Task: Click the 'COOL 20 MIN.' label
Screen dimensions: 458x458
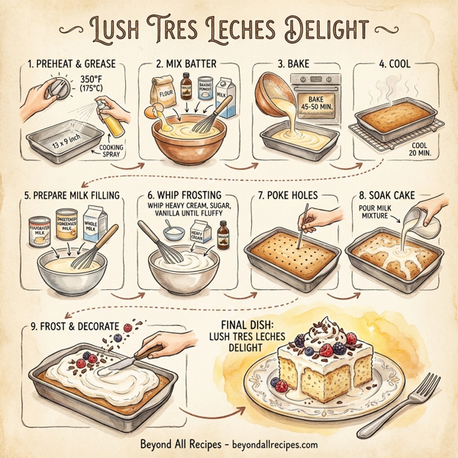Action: pos(413,148)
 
